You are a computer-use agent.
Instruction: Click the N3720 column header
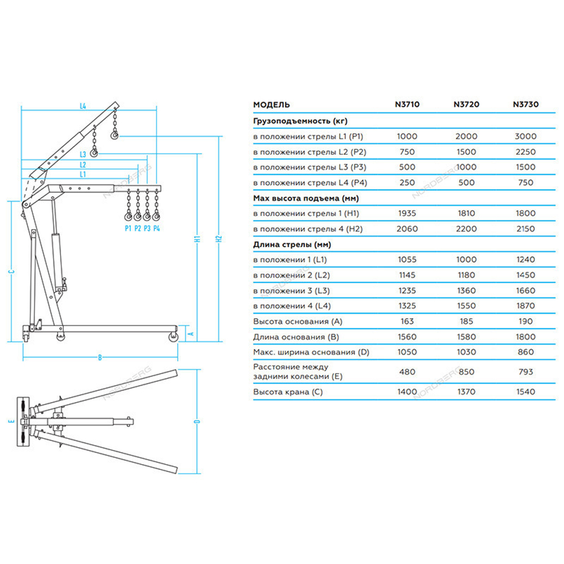tap(466, 104)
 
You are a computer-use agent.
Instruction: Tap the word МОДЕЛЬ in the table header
tap(272, 104)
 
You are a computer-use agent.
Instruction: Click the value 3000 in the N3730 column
tap(525, 136)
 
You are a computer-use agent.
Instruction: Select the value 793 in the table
tap(525, 372)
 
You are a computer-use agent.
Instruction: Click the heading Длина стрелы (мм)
tap(292, 244)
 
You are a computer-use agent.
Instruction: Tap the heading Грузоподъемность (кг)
tap(301, 121)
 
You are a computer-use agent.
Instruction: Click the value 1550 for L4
tap(466, 306)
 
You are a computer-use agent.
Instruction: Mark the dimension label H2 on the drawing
tap(219, 239)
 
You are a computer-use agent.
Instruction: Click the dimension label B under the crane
tap(100, 357)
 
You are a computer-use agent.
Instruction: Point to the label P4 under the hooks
tap(156, 228)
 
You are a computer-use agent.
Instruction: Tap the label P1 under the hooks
tap(128, 228)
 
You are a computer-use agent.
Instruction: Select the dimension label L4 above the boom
tap(82, 105)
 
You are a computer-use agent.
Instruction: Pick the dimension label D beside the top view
tap(197, 422)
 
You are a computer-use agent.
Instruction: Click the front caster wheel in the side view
tap(173, 337)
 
